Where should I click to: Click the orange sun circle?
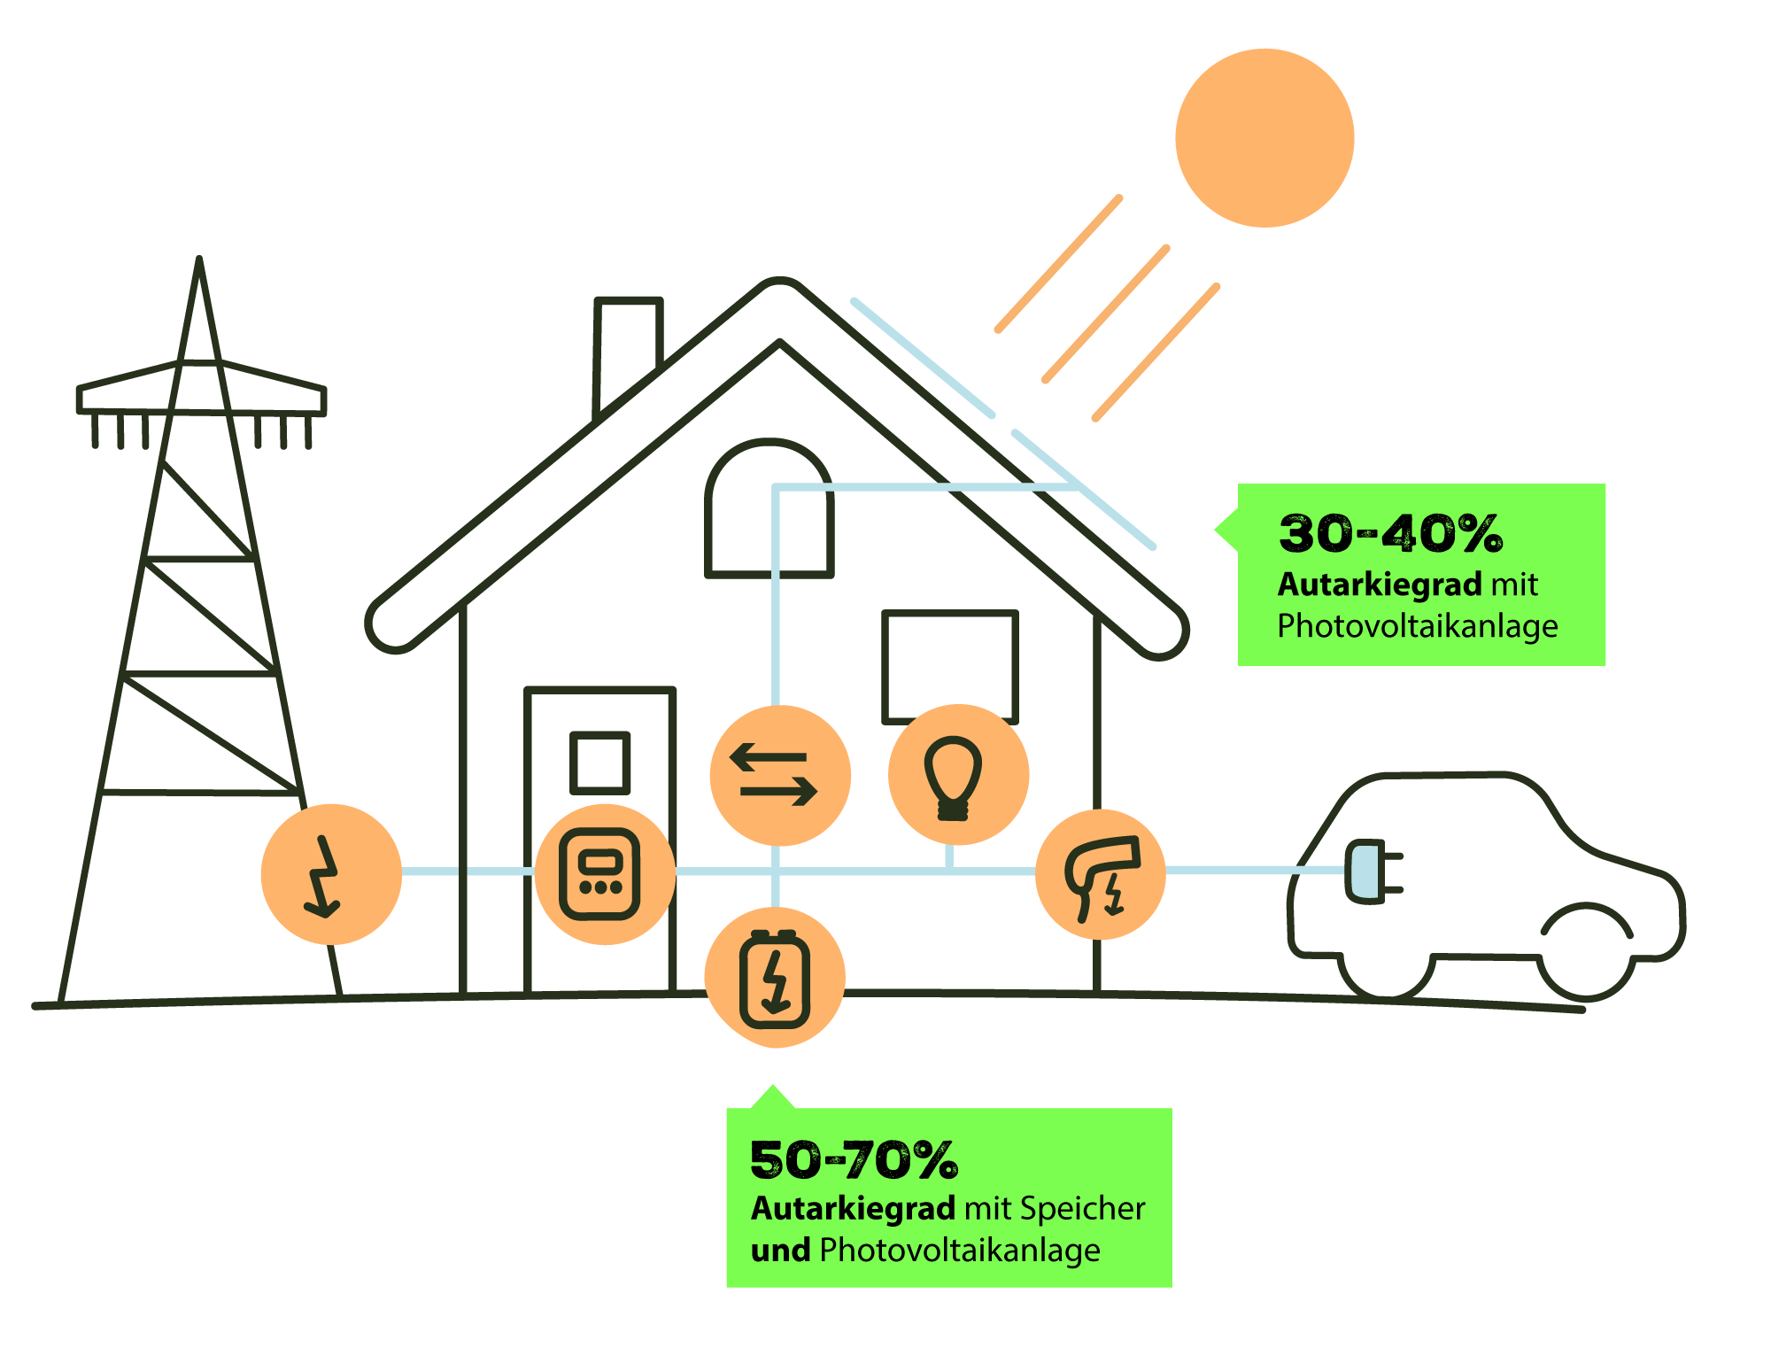pyautogui.click(x=1264, y=138)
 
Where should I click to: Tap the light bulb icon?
pyautogui.click(x=954, y=776)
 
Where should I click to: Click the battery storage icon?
pyautogui.click(x=775, y=978)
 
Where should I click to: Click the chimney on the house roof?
pyautogui.click(x=628, y=341)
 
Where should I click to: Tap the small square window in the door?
pyautogui.click(x=600, y=762)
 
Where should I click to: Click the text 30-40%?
pyautogui.click(x=1390, y=533)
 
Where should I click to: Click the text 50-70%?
pyautogui.click(x=853, y=1159)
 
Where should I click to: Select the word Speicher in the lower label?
pyautogui.click(x=1082, y=1208)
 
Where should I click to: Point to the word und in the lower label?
pyautogui.click(x=780, y=1250)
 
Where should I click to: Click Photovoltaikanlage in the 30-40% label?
pyautogui.click(x=1417, y=626)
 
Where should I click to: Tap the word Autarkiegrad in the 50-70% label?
pyautogui.click(x=853, y=1208)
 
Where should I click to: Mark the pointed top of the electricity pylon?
pyautogui.click(x=199, y=262)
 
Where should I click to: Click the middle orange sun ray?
pyautogui.click(x=1105, y=314)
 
